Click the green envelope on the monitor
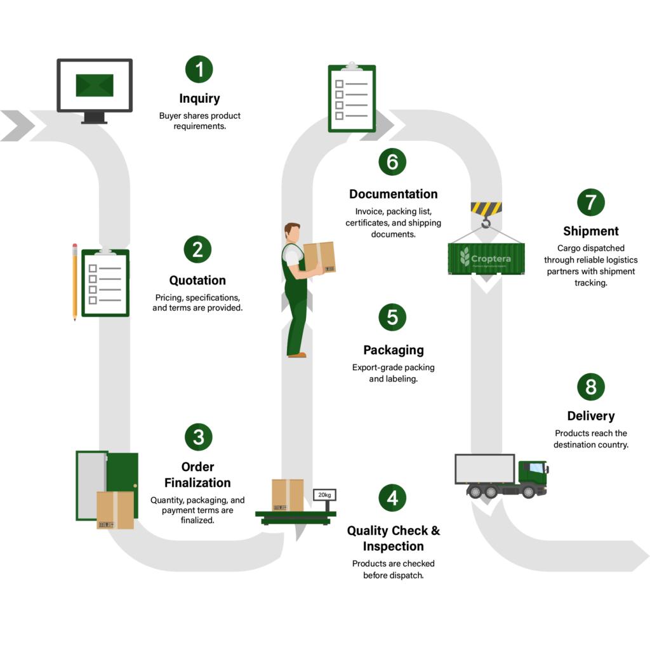pyautogui.click(x=95, y=86)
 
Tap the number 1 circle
pyautogui.click(x=199, y=69)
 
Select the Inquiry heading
pyautogui.click(x=199, y=98)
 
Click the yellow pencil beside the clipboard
pyautogui.click(x=75, y=282)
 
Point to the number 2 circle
pyautogui.click(x=198, y=249)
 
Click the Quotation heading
pyautogui.click(x=197, y=280)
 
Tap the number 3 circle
pyautogui.click(x=199, y=437)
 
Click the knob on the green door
pyautogui.click(x=135, y=486)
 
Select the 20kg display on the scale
pyautogui.click(x=324, y=495)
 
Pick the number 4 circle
pyautogui.click(x=392, y=498)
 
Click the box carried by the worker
pyautogui.click(x=319, y=258)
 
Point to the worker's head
pyautogui.click(x=292, y=233)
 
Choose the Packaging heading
pyautogui.click(x=394, y=350)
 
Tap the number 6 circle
pyautogui.click(x=392, y=162)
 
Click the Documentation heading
pyautogui.click(x=394, y=194)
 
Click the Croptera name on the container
pyautogui.click(x=491, y=259)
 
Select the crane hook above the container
pyautogui.click(x=486, y=223)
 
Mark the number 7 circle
pyautogui.click(x=591, y=202)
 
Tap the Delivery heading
pyautogui.click(x=591, y=416)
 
